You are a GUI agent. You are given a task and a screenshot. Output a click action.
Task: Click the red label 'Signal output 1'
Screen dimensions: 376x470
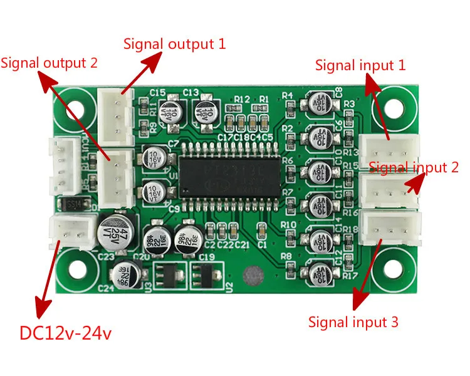174,44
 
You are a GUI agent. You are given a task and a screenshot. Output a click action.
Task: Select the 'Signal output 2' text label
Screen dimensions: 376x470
50,63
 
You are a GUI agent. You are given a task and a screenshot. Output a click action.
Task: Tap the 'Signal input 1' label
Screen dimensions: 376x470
360,65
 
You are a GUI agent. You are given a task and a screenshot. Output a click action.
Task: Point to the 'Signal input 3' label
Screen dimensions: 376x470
353,322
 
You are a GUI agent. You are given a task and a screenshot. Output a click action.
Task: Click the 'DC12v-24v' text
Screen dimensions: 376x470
66,333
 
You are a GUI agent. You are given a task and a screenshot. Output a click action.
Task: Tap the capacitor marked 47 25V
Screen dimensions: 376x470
117,230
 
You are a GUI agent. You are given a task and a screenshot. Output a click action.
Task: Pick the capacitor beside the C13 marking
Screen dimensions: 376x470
206,113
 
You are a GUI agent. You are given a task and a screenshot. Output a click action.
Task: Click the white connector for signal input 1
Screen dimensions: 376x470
388,151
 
